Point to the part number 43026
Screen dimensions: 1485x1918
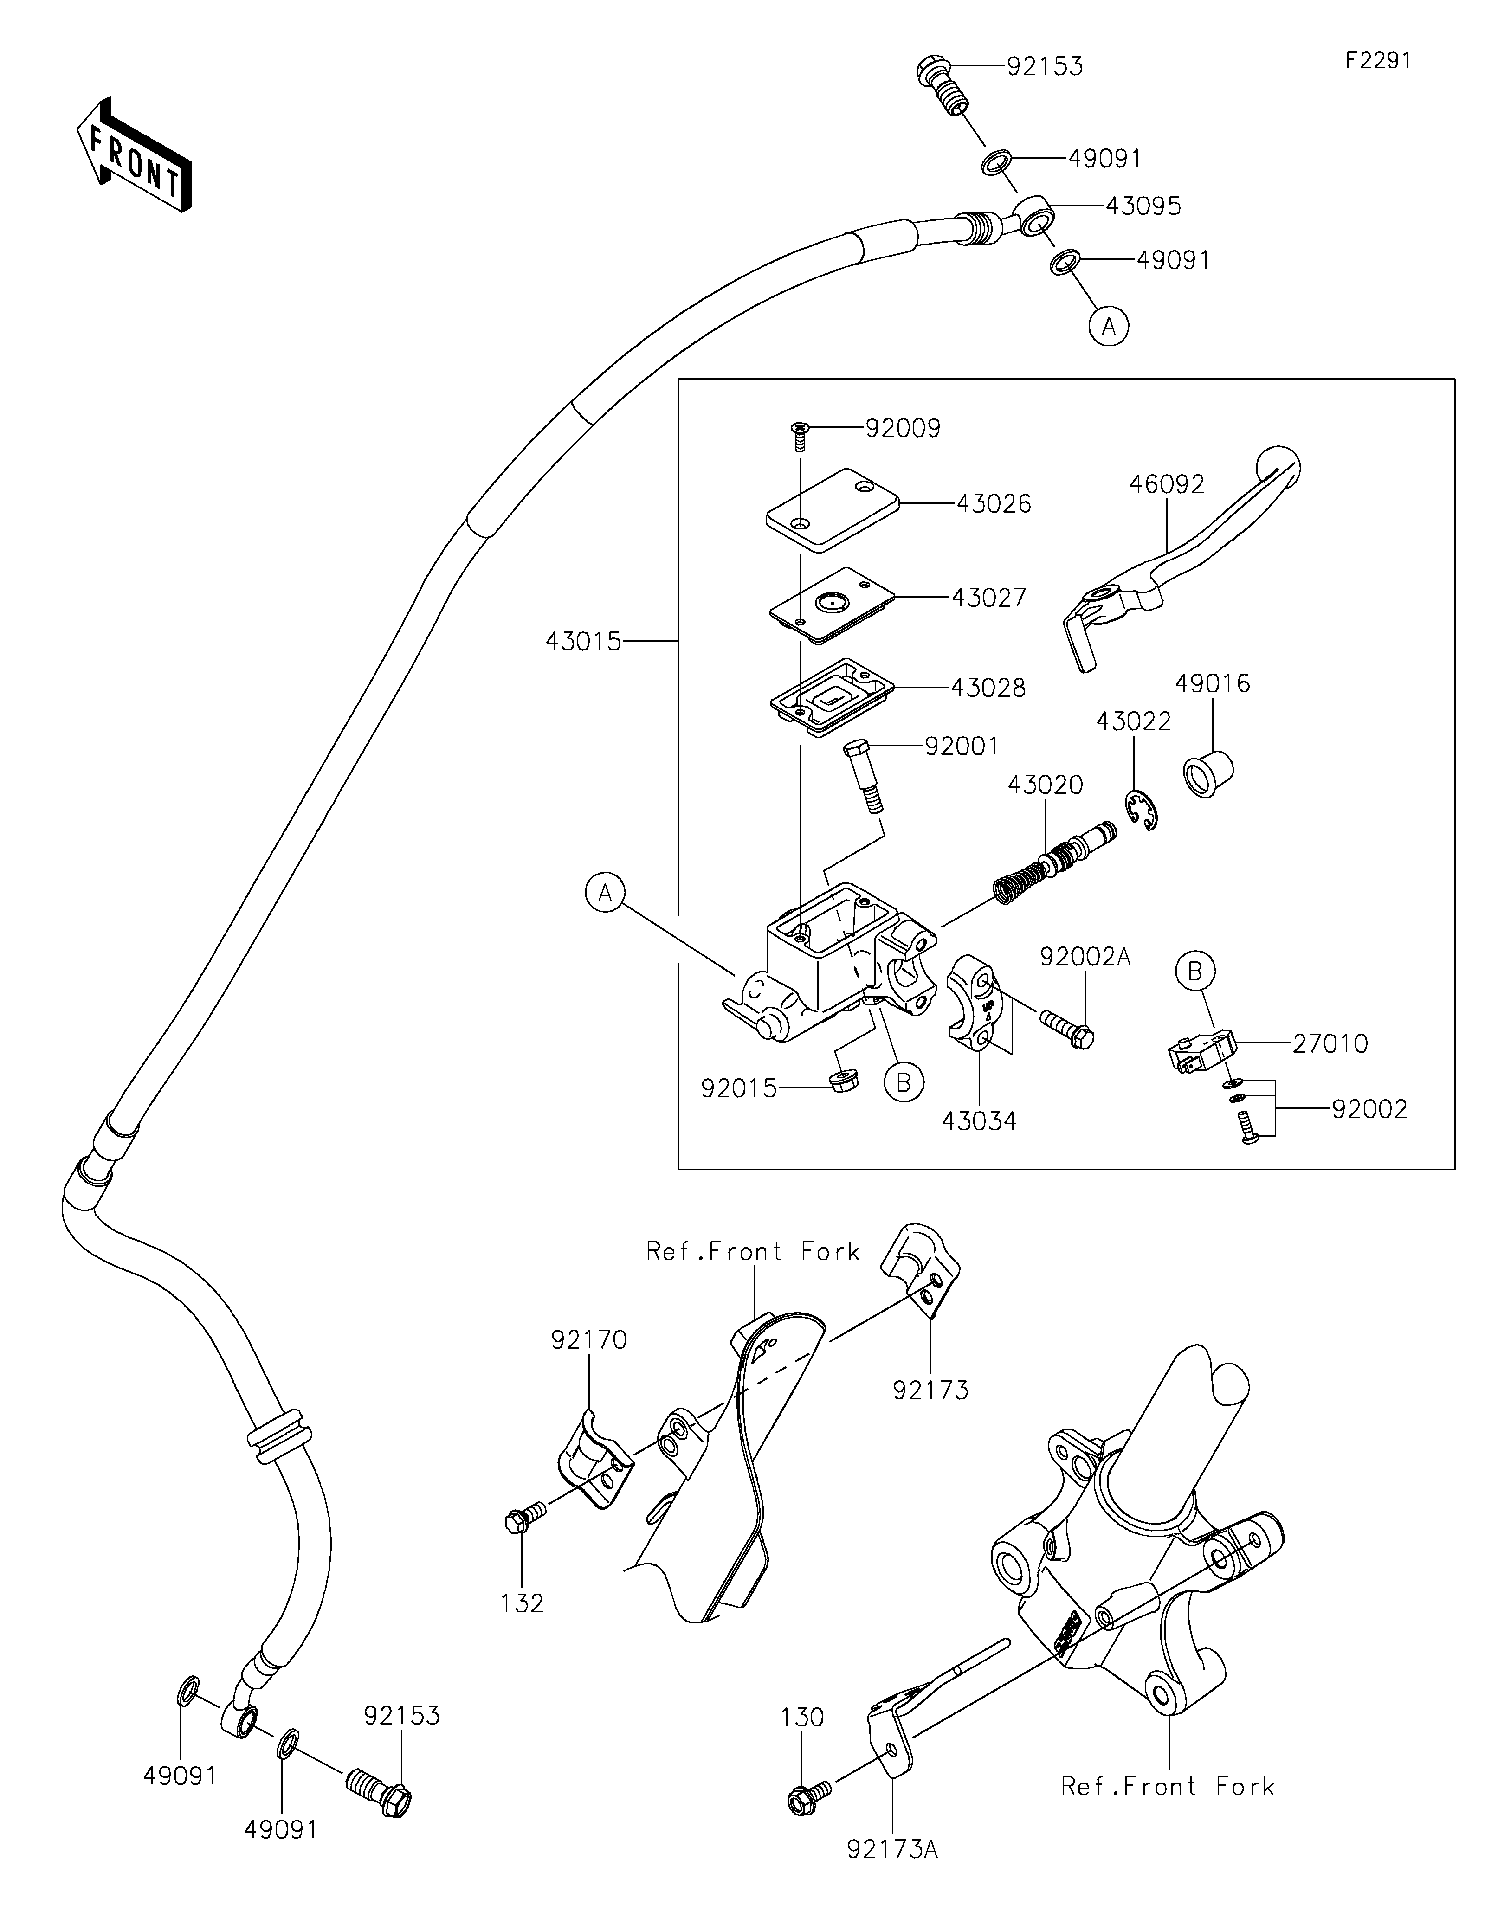[x=993, y=504]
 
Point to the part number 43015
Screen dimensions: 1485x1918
[x=583, y=642]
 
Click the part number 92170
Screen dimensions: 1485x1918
[x=589, y=1339]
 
